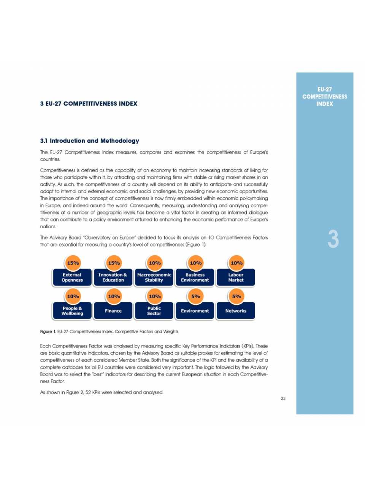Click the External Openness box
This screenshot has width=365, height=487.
click(72, 277)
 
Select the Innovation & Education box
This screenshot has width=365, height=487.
click(113, 277)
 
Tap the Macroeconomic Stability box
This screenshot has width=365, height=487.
click(154, 277)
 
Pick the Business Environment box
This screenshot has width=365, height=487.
click(195, 277)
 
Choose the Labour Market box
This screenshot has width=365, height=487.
click(236, 277)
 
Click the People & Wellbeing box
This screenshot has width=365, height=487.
click(72, 311)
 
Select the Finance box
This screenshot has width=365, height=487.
click(113, 311)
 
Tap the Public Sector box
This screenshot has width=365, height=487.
click(154, 311)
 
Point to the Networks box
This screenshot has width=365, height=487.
click(236, 311)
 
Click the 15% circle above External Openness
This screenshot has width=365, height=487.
click(73, 263)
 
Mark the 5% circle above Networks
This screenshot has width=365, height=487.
click(236, 296)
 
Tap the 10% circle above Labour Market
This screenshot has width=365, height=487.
click(236, 263)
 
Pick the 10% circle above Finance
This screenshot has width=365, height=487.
click(114, 296)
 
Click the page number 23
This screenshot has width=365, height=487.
click(283, 398)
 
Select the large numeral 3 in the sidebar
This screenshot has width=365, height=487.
click(333, 239)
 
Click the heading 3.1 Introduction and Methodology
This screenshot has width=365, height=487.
click(90, 141)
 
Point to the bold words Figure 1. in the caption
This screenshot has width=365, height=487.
click(48, 332)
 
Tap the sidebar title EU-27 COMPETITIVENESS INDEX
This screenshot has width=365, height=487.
click(325, 97)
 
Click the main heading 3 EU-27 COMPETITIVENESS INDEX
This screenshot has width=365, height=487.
click(89, 103)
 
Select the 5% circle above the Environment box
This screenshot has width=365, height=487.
click(195, 296)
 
